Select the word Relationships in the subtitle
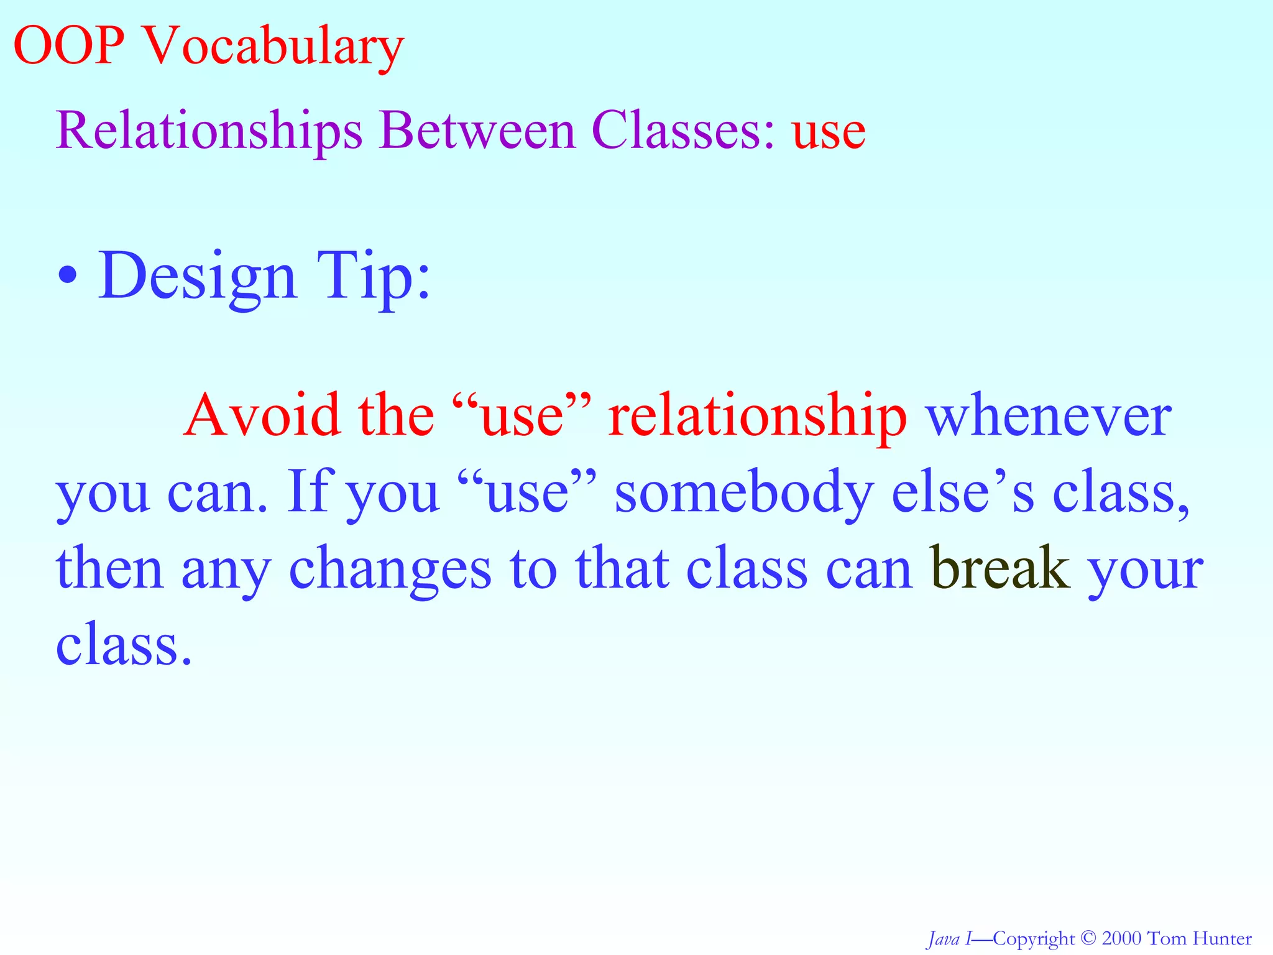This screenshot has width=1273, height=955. tap(209, 132)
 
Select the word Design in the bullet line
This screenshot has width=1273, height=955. tap(197, 277)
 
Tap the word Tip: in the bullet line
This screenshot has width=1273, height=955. tap(373, 277)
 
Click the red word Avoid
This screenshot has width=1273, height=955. tap(262, 415)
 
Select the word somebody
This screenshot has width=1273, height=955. tap(745, 493)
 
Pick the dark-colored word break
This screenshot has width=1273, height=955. tap(1001, 568)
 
